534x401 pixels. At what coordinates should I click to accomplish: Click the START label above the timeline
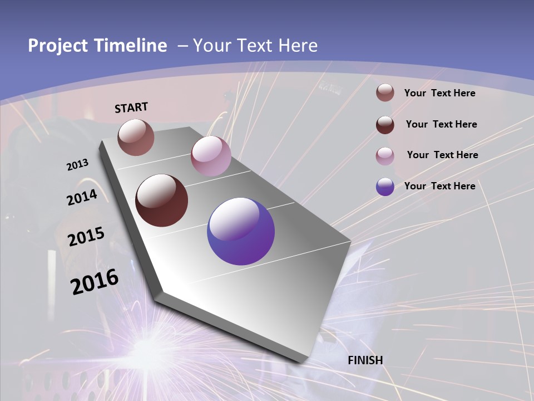[x=131, y=107]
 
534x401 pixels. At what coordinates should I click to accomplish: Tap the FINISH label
[x=365, y=360]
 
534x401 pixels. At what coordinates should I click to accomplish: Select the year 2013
[x=77, y=165]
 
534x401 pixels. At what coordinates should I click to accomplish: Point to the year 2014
[x=82, y=198]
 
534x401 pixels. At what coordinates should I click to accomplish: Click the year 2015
[x=86, y=237]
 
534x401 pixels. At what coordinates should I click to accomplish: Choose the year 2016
[x=95, y=281]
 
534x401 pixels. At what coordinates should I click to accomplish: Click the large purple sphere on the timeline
[x=241, y=231]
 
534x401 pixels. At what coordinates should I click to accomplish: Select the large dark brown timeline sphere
[x=162, y=200]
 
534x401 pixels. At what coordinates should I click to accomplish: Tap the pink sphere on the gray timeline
[x=211, y=156]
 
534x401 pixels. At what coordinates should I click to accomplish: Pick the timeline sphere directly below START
[x=136, y=137]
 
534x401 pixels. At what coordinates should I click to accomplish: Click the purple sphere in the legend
[x=385, y=187]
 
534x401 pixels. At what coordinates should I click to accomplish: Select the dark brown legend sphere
[x=385, y=125]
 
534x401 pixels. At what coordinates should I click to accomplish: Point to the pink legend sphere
[x=385, y=156]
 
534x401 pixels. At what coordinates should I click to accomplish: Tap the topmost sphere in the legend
[x=385, y=93]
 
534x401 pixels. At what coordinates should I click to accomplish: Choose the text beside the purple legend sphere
[x=439, y=186]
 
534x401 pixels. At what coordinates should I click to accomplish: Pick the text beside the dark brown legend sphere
[x=441, y=124]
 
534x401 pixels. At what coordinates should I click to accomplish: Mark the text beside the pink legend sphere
[x=442, y=155]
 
